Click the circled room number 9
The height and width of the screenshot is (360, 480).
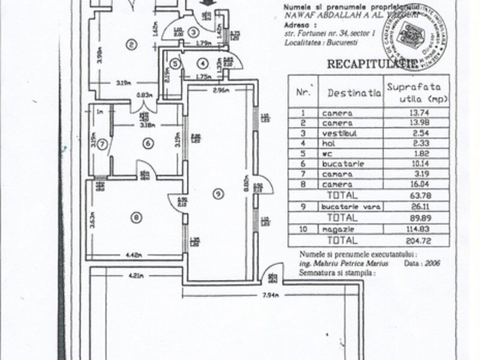(x=218, y=193)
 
